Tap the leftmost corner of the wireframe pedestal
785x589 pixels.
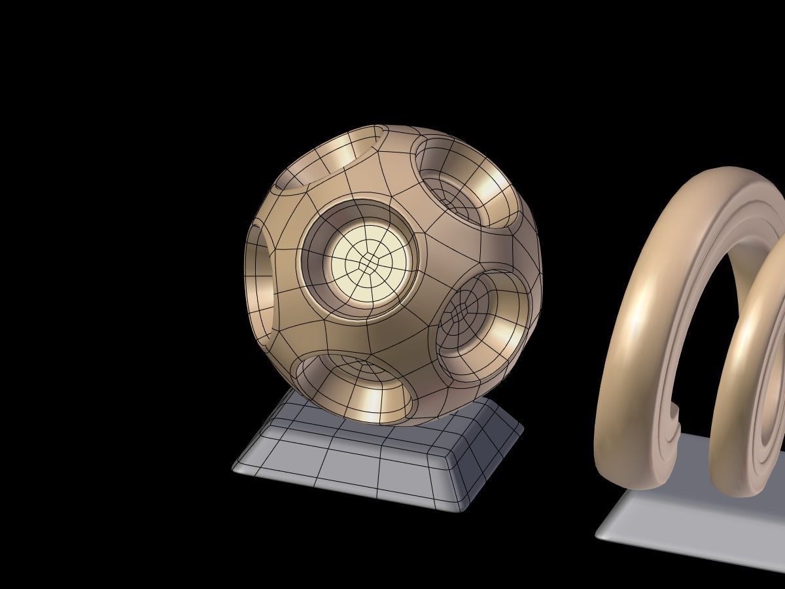[234, 467]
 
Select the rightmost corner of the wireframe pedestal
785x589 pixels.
[522, 430]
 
